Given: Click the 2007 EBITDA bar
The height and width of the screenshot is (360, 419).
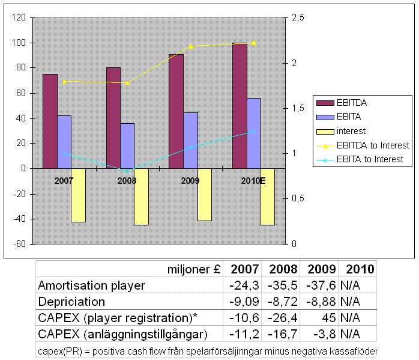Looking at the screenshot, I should (50, 121).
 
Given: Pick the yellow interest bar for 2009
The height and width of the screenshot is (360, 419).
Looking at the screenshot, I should (205, 195).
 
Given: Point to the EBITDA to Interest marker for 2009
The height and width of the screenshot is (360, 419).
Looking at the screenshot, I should (191, 46).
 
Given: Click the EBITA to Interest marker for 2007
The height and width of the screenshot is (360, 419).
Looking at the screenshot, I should (64, 153).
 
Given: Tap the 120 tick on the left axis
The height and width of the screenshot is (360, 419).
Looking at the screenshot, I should (19, 18).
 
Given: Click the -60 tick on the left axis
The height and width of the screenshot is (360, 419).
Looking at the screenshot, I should (20, 244).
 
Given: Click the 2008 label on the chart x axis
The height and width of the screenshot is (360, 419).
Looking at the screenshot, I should (127, 180).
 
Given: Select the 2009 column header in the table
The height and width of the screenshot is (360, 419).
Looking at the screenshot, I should (321, 269).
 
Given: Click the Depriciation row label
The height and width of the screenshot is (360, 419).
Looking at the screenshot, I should (71, 302).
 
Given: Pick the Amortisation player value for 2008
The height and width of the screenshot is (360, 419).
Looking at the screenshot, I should (285, 285).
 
